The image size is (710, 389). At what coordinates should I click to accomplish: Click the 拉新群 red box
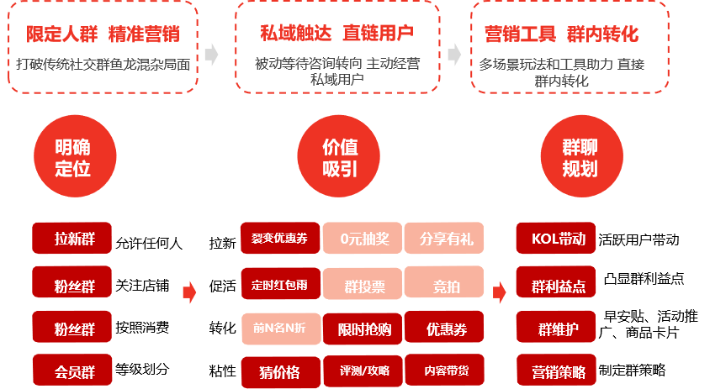point(73,239)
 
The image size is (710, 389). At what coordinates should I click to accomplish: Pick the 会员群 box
point(73,369)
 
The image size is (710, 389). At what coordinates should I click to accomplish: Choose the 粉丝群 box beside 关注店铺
point(73,283)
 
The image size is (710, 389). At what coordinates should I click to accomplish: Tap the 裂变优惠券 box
point(279,239)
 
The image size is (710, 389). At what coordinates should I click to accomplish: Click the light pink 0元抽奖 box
point(363,239)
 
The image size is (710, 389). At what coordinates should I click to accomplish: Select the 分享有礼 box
point(445,239)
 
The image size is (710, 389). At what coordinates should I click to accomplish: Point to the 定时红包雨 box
point(279,284)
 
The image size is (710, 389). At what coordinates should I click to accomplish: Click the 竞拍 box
point(445,284)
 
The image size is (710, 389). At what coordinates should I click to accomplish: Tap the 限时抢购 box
point(363,328)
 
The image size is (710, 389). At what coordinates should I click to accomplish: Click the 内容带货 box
point(445,370)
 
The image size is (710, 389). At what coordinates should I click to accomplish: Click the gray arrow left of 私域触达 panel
point(211,55)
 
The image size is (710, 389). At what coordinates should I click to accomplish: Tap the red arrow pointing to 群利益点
point(499,292)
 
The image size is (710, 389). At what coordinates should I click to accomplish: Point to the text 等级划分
point(142,370)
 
